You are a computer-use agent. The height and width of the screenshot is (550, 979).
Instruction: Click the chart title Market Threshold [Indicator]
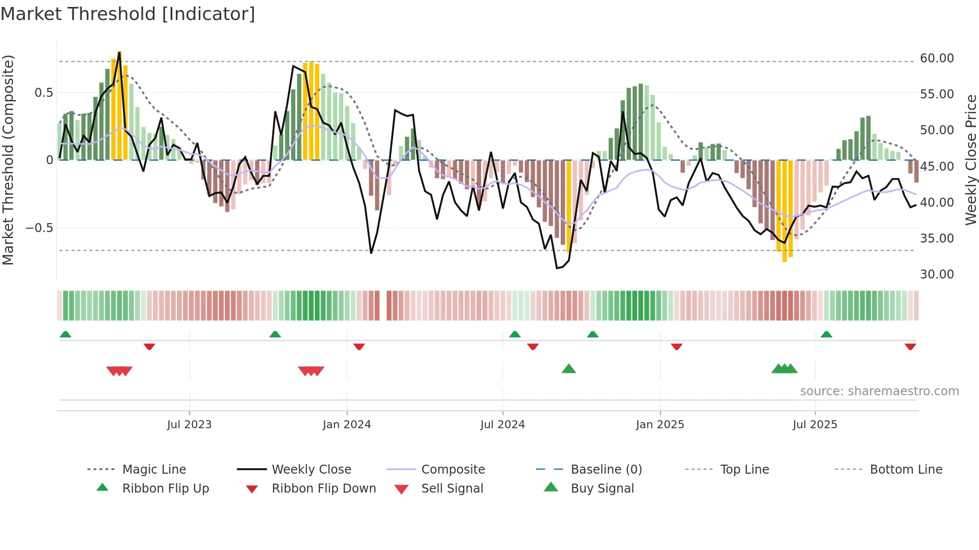click(128, 14)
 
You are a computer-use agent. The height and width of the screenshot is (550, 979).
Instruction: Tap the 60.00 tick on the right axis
click(937, 58)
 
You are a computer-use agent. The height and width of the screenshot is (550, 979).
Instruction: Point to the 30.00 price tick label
click(937, 275)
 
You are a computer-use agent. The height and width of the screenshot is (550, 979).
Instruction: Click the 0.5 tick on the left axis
click(43, 93)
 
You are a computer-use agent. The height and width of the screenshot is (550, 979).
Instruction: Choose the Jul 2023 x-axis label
click(189, 425)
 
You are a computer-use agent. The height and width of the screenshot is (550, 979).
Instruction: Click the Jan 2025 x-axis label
click(660, 425)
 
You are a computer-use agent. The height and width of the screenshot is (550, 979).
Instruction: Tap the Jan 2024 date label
click(347, 425)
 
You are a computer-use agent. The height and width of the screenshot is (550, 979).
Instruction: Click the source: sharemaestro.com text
click(879, 391)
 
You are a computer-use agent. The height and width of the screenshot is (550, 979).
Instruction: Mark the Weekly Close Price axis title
click(971, 160)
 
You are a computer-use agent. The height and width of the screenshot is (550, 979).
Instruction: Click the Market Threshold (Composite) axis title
click(8, 160)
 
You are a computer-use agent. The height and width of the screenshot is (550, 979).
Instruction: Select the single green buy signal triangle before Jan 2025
click(568, 369)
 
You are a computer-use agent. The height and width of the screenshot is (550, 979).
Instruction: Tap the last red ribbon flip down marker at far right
click(910, 346)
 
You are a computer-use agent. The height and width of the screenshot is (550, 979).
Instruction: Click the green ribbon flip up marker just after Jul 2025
click(826, 334)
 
